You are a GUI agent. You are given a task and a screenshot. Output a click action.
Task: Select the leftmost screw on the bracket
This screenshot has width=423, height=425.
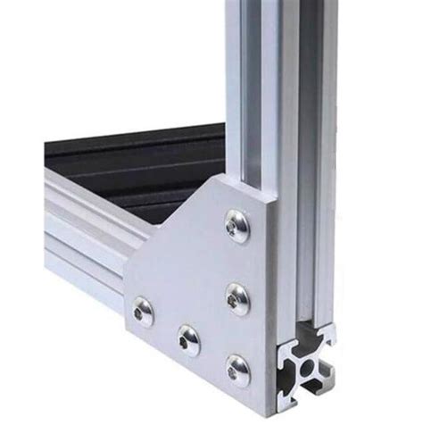(x=142, y=312)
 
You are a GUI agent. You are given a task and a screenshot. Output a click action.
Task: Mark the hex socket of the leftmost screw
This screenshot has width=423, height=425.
(x=142, y=312)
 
